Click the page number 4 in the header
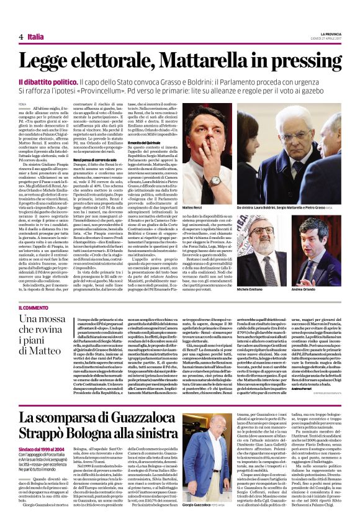click(x=21, y=37)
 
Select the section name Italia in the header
click(x=36, y=37)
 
